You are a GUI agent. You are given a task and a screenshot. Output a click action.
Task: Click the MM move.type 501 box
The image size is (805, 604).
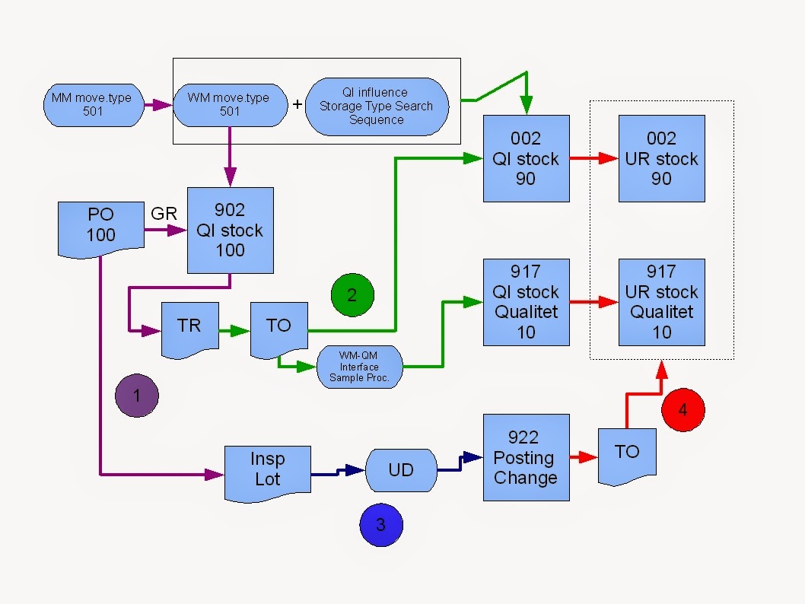(x=92, y=106)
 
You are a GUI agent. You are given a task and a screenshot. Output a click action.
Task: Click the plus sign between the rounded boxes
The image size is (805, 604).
(x=297, y=105)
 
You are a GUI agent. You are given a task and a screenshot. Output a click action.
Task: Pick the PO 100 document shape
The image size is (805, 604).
(x=101, y=226)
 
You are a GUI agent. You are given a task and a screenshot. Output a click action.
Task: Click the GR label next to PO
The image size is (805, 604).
(x=164, y=214)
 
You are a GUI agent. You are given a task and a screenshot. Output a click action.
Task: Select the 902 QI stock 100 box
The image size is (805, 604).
(x=230, y=230)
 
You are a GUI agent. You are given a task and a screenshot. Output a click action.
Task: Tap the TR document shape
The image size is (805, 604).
(x=189, y=328)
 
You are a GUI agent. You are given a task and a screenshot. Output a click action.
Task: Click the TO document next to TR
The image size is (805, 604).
(x=279, y=328)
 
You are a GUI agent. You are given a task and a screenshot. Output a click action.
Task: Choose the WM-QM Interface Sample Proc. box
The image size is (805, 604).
(x=360, y=367)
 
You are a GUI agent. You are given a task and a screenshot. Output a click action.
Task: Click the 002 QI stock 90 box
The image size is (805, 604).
(x=526, y=158)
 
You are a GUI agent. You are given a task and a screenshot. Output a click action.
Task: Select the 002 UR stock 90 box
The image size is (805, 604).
(x=661, y=158)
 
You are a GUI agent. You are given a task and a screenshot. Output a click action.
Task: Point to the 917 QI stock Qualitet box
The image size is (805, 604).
(x=526, y=302)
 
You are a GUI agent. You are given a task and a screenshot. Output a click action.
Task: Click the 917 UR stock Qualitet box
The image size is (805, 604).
(x=661, y=302)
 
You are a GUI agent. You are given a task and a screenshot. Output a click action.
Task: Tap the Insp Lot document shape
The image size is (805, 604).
(x=268, y=471)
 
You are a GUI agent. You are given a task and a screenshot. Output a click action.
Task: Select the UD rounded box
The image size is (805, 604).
(x=401, y=470)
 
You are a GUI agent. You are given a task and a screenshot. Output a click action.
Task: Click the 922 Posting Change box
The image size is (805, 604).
(x=526, y=457)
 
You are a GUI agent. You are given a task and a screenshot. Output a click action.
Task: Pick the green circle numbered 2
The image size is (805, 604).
(x=352, y=294)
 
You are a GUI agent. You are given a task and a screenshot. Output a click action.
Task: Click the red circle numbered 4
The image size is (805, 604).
(x=682, y=409)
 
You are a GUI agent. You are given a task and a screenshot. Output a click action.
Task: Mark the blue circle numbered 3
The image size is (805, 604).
(x=381, y=524)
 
